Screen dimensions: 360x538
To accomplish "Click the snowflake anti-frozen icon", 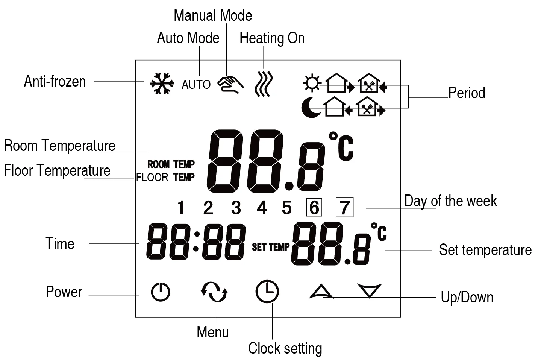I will (162, 83).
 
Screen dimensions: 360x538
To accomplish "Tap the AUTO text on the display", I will (196, 84).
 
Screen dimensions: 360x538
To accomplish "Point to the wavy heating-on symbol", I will (264, 84).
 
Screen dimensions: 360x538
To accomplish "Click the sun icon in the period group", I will (312, 83).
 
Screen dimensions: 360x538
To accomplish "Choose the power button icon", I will (161, 292).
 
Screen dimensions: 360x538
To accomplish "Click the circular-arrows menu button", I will (214, 292).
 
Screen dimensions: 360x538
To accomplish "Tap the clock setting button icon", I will (267, 292).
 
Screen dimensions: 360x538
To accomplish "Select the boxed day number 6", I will (314, 208).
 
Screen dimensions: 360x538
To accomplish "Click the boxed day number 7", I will (344, 208).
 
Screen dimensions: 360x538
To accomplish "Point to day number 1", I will (181, 208).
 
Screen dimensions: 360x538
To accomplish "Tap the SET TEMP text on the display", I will (271, 247).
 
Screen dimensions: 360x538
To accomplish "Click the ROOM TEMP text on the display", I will (171, 164).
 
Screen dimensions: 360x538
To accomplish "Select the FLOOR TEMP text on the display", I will (165, 177).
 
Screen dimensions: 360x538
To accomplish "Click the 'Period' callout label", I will (467, 93).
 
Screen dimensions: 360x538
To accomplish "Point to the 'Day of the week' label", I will (450, 201).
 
